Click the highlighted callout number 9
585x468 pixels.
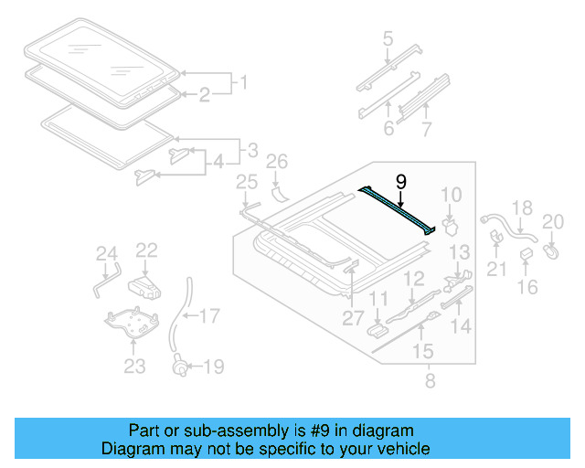click(400, 181)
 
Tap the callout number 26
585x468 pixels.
click(276, 163)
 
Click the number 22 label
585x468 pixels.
click(147, 250)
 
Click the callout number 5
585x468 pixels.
click(388, 38)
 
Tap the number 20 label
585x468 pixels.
click(554, 220)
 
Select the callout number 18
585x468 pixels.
click(520, 208)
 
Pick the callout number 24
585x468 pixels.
click(107, 253)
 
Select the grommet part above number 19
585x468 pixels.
click(182, 367)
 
